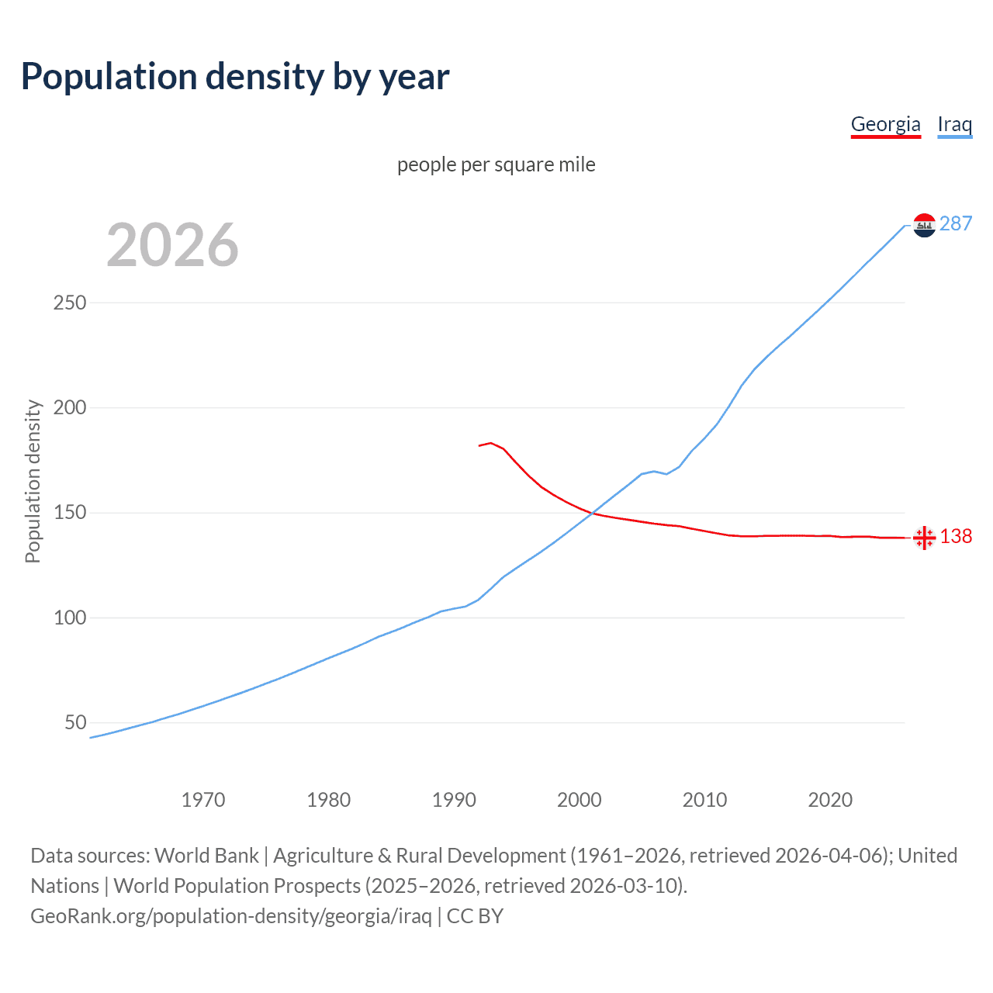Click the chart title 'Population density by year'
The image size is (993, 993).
click(x=235, y=77)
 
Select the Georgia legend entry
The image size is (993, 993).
click(x=885, y=124)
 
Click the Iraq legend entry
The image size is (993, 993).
click(x=954, y=124)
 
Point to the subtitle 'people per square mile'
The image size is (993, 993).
click(x=496, y=164)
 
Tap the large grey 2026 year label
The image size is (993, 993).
click(x=172, y=245)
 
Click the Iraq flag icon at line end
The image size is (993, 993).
click(x=924, y=225)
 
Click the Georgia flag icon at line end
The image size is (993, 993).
click(x=924, y=537)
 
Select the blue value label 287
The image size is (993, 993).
click(x=955, y=224)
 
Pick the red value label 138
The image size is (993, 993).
click(x=956, y=537)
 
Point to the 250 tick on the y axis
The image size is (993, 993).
click(x=70, y=303)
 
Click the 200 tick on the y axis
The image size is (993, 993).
click(x=70, y=407)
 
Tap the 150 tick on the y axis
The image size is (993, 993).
click(x=70, y=513)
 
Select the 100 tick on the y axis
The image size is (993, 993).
click(x=70, y=618)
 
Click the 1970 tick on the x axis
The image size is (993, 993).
click(x=203, y=800)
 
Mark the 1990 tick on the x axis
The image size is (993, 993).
click(x=454, y=800)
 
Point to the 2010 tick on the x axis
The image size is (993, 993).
click(x=704, y=800)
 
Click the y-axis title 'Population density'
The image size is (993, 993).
click(x=33, y=481)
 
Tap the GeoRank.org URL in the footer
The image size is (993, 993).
click(x=231, y=916)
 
